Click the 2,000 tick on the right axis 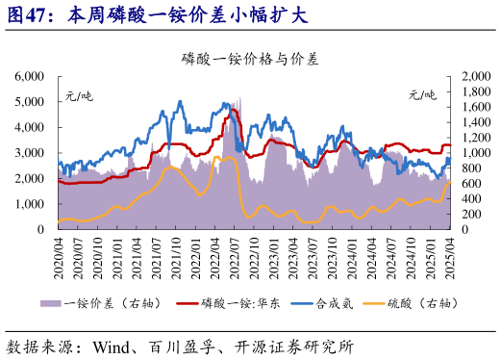pos(478,75)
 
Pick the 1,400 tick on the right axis pos(478,121)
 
